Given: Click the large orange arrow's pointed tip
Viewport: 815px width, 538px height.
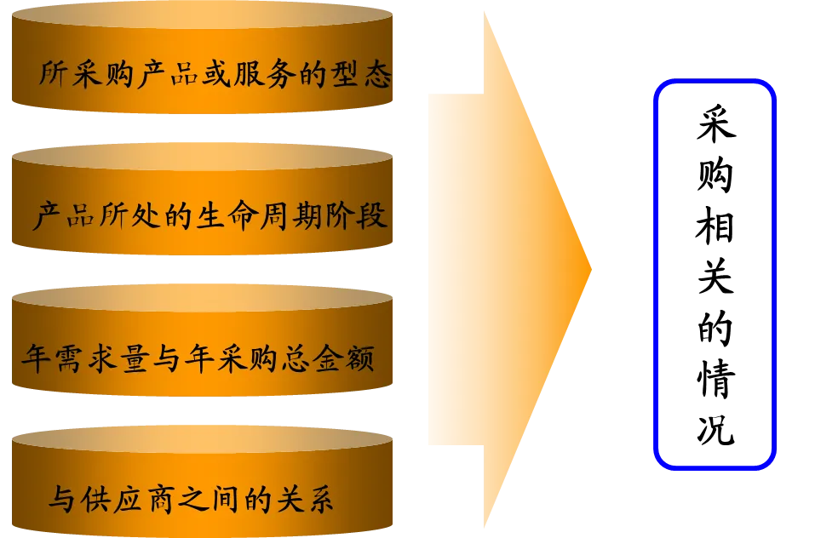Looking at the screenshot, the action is click(589, 271).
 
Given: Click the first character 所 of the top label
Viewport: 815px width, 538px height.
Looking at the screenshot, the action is click(55, 75).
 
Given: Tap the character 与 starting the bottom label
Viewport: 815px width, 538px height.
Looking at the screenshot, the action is click(61, 499).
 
